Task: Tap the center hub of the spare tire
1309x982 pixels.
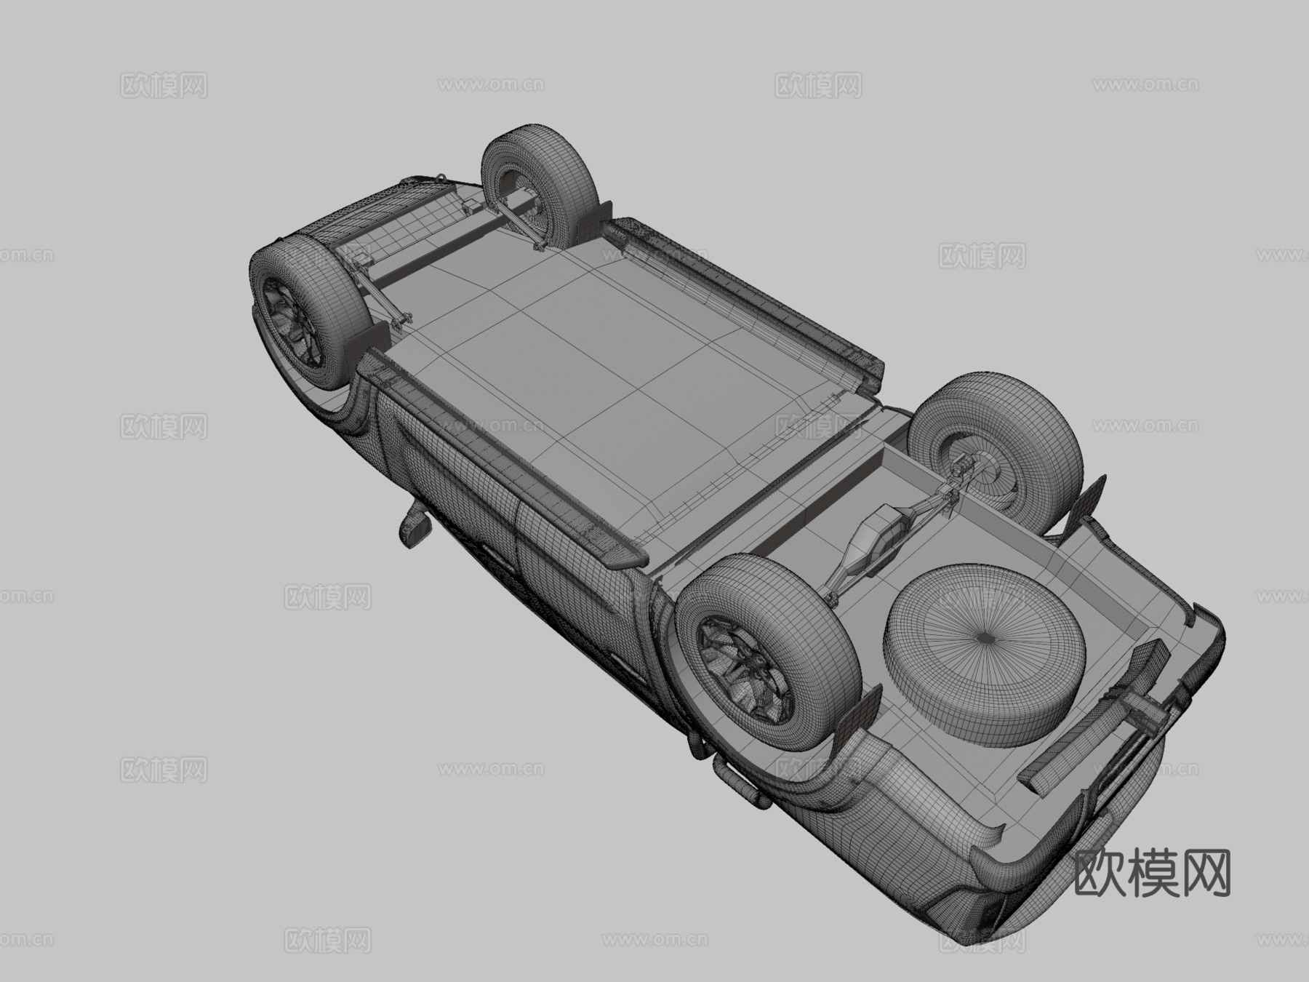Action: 985,637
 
